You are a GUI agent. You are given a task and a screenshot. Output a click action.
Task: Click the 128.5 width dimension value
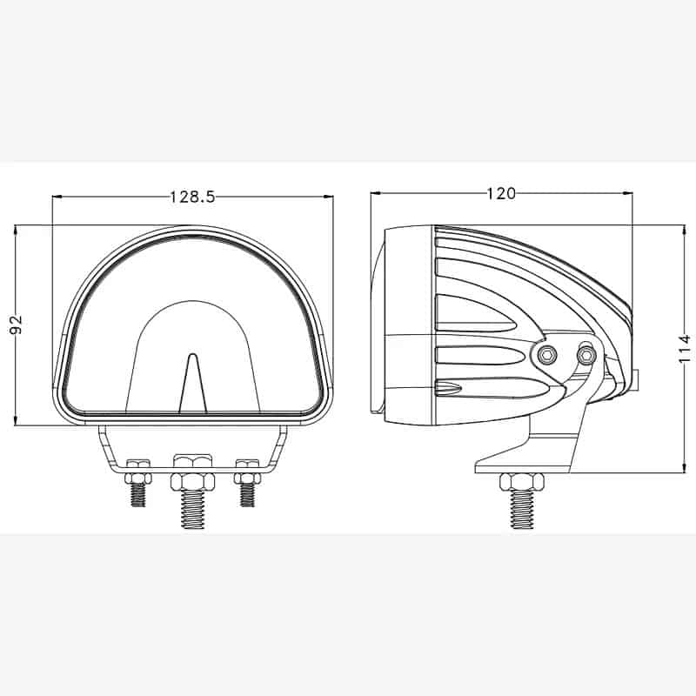point(192,197)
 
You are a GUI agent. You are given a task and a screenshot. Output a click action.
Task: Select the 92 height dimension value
point(16,325)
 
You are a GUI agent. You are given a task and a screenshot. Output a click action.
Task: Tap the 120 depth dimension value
point(501,193)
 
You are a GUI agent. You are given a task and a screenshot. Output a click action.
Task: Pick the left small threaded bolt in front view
point(138,496)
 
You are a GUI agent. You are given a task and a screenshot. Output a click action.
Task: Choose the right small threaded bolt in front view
point(248,495)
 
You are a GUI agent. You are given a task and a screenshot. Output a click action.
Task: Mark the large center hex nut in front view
point(192,481)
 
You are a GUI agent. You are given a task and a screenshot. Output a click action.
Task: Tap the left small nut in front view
point(138,478)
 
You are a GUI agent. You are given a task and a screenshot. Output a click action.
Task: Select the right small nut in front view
point(248,478)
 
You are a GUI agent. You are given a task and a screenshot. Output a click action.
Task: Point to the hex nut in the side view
point(519,481)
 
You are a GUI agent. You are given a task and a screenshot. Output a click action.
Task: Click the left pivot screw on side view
point(547,354)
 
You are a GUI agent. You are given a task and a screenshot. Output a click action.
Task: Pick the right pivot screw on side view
point(587,354)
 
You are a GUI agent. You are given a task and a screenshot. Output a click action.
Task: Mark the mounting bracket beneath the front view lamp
point(192,448)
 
